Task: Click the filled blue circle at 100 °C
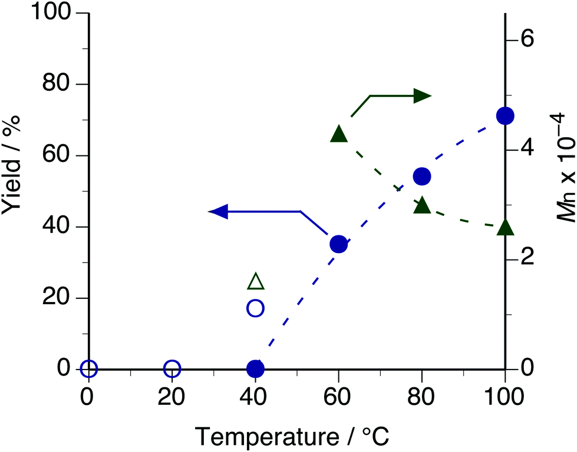505,116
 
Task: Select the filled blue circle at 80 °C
422,176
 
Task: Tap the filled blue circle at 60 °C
338,244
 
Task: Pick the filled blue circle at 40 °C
255,369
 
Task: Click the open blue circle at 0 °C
88,369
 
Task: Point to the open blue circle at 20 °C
172,369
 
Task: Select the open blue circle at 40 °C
255,308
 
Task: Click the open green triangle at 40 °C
256,282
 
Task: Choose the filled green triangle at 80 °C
422,205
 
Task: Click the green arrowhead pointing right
422,96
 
